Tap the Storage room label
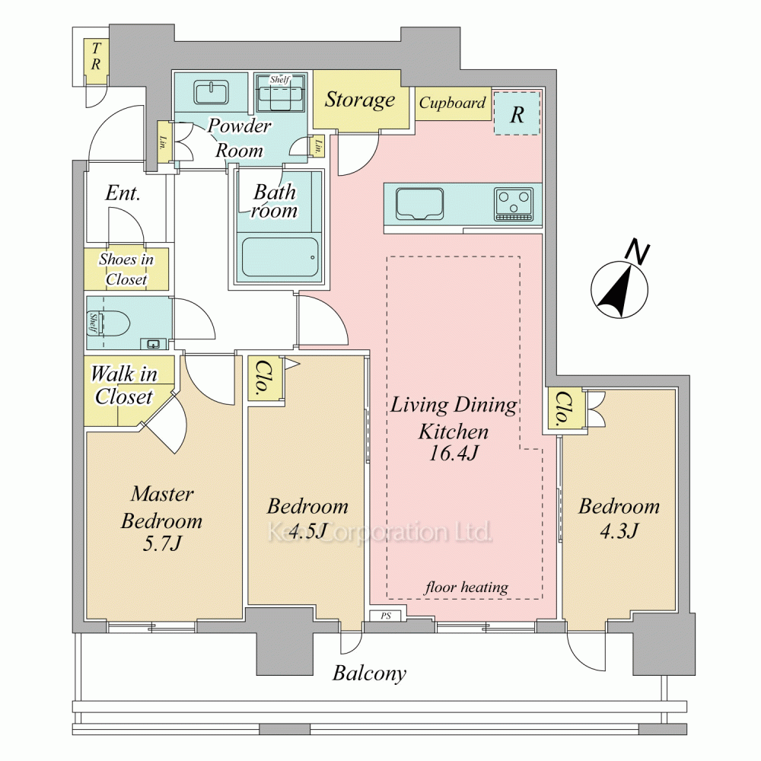360,100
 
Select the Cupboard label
452,103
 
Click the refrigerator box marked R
517,113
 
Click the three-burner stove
514,205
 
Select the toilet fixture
116,322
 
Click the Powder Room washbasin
211,92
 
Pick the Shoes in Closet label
126,269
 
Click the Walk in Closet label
124,385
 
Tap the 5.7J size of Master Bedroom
161,544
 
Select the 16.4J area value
454,454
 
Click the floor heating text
466,587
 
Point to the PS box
385,616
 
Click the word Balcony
369,673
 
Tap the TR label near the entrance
96,56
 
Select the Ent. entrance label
123,193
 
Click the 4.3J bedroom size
619,531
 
